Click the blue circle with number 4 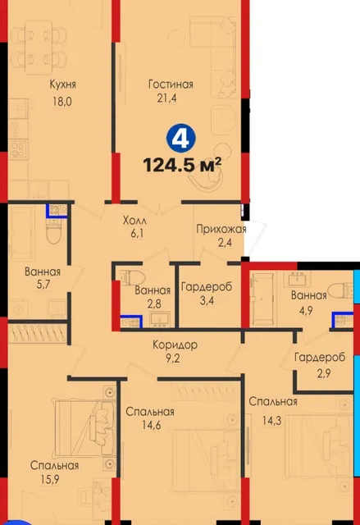[x=180, y=139]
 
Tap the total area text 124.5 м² [x=182, y=165]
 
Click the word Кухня [x=62, y=84]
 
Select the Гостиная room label [x=171, y=84]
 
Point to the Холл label [x=134, y=221]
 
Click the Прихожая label [x=221, y=230]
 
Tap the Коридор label [x=175, y=345]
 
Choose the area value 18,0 [x=62, y=101]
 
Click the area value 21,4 [x=166, y=98]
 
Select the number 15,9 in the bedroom [x=50, y=479]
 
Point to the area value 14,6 [x=151, y=425]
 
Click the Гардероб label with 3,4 [x=207, y=287]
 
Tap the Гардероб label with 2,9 [x=320, y=358]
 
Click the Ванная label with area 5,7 [x=43, y=272]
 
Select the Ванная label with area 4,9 [x=309, y=295]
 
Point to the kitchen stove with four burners [x=18, y=149]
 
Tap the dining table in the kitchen [x=39, y=47]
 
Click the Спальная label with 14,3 [x=273, y=401]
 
